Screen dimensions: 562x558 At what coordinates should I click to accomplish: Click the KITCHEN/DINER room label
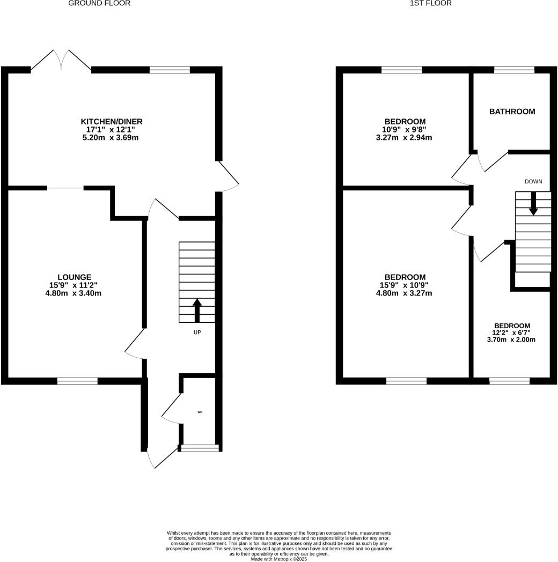coord(112,122)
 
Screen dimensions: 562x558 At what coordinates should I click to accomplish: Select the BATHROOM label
coord(512,112)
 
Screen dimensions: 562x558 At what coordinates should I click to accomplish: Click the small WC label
coord(200,412)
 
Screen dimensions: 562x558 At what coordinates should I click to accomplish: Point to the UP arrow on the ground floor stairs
coord(197,309)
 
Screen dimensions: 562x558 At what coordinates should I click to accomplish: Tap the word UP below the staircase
coord(197,332)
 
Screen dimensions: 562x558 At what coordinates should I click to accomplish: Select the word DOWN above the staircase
coord(533,181)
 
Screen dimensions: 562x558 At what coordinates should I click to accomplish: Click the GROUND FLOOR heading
coord(99,3)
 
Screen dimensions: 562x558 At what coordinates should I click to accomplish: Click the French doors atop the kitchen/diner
coord(61,61)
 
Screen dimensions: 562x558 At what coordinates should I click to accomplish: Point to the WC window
coord(200,448)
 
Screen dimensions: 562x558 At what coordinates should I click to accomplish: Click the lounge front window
coord(77,381)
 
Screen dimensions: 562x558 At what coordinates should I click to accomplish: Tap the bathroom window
coord(513,70)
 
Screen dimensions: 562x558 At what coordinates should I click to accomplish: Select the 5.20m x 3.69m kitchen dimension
coord(112,138)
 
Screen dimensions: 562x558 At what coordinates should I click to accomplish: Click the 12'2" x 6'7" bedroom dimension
coord(512,332)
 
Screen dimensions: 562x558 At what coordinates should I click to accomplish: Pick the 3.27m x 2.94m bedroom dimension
coord(405,137)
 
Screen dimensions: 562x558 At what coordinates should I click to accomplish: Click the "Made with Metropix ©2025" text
coord(278,559)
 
